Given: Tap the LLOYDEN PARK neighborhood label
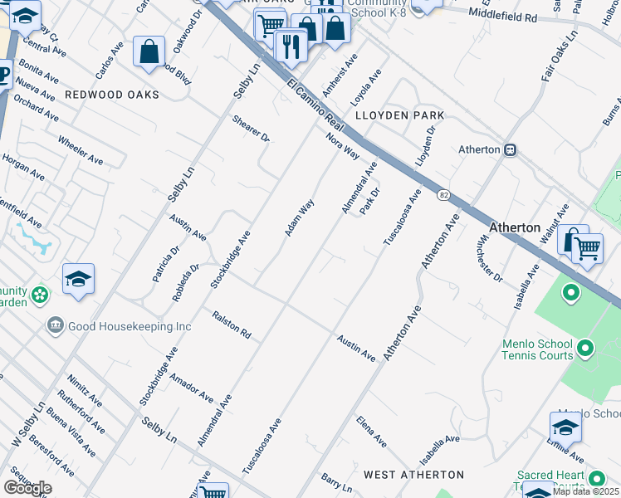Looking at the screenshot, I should click(399, 115).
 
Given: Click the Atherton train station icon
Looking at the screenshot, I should click(511, 149).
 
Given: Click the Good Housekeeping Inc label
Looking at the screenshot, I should click(130, 326).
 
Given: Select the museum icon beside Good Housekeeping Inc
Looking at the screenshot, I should click(56, 325).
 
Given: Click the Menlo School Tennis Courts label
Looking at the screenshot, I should click(537, 349).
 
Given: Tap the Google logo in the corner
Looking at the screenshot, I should click(27, 488).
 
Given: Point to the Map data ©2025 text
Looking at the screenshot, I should click(586, 491).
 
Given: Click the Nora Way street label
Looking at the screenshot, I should click(342, 146).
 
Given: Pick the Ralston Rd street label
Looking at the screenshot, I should click(232, 325).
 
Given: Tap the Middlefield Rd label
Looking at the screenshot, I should click(502, 15).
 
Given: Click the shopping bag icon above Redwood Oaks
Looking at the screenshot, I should click(149, 51).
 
